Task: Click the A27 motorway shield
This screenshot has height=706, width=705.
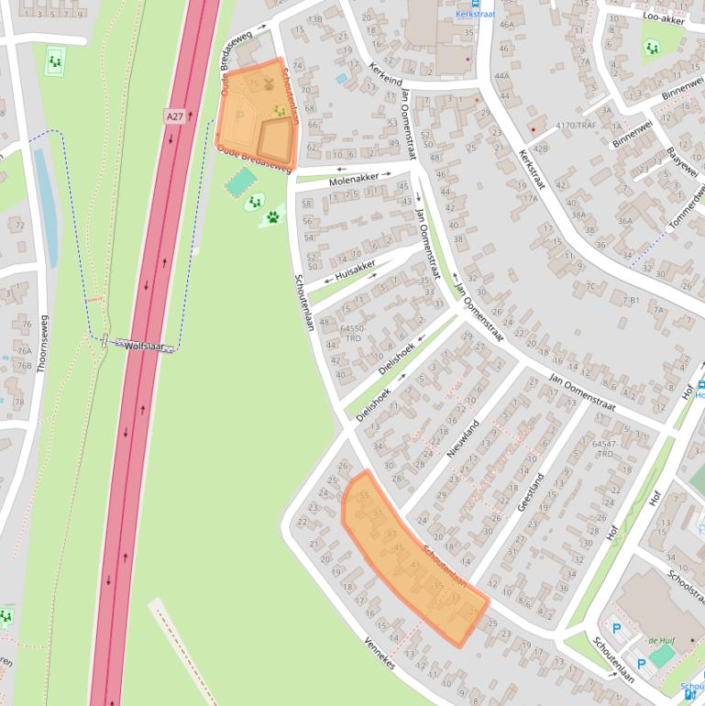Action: (x=175, y=116)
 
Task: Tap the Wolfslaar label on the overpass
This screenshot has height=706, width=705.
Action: (x=143, y=346)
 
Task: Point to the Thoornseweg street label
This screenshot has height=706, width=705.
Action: (x=40, y=344)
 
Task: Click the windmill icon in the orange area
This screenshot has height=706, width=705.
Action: (x=269, y=83)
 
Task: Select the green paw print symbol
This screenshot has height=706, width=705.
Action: (x=273, y=217)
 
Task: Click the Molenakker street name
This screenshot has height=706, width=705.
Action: (x=353, y=182)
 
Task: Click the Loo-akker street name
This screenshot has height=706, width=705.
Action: (x=664, y=17)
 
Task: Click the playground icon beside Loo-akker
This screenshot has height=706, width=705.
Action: (x=651, y=48)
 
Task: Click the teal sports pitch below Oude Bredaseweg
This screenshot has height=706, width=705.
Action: (x=241, y=181)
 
